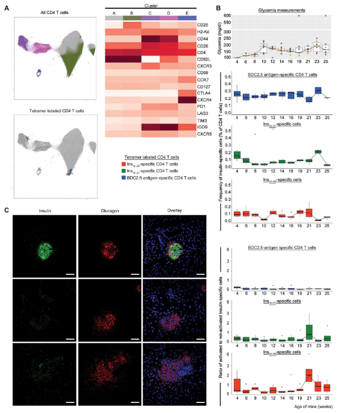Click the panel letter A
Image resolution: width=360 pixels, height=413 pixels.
[x=6, y=8]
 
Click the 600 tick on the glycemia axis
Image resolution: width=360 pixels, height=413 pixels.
[x=229, y=16]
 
